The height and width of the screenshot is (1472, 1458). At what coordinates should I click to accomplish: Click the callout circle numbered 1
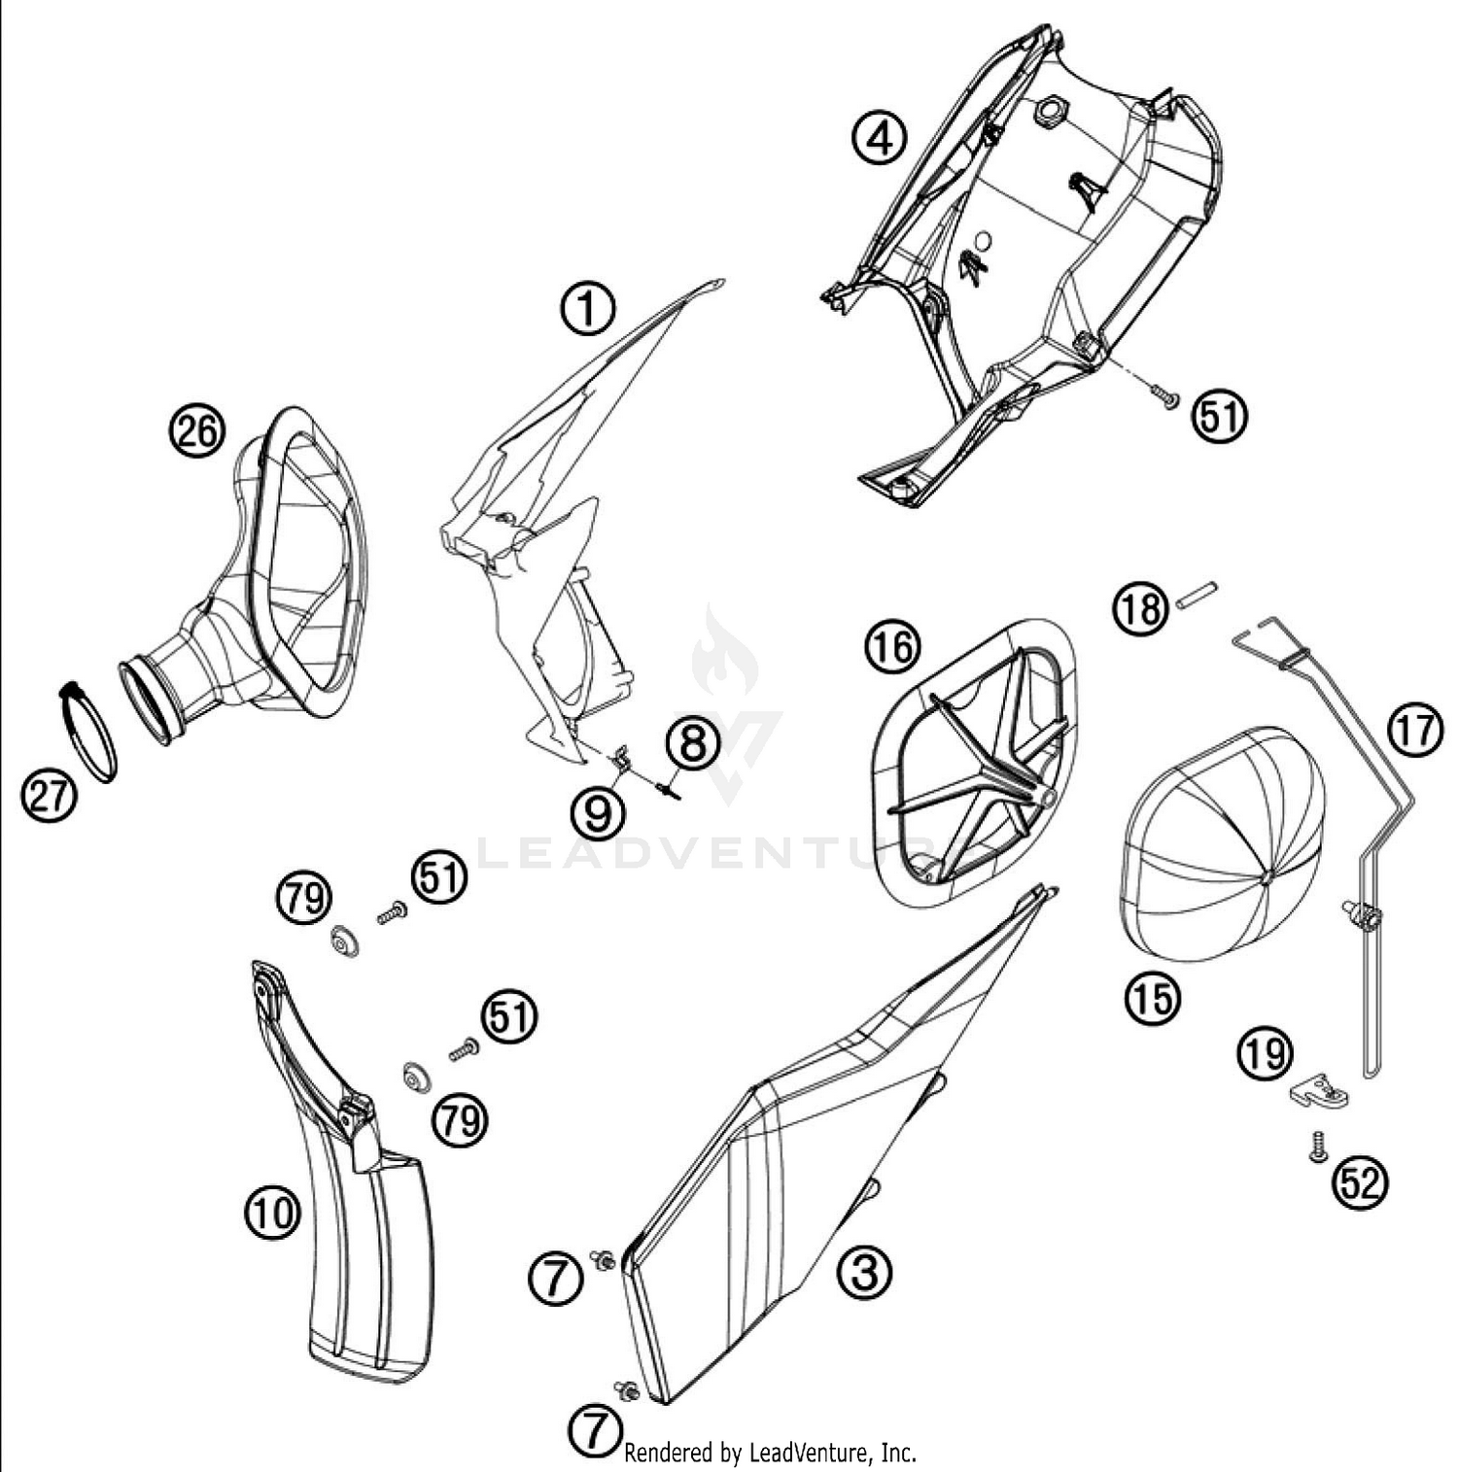click(587, 310)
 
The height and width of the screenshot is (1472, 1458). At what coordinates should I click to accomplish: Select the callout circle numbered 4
click(879, 138)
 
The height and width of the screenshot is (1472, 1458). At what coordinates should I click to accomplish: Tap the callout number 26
click(196, 430)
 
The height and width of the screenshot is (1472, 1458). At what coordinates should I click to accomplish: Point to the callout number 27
click(49, 797)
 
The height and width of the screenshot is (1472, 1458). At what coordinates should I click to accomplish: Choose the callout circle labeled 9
click(597, 811)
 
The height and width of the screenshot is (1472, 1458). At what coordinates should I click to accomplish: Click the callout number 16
click(892, 646)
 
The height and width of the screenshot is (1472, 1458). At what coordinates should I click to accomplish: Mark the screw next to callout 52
click(1317, 1146)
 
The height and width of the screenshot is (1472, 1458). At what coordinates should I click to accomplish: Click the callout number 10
click(273, 1214)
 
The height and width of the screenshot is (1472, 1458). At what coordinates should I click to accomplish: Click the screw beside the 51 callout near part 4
click(1163, 394)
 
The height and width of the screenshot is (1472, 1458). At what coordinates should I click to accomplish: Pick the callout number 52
click(1360, 1182)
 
